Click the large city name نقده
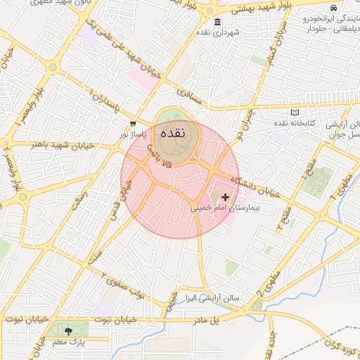coord(172,133)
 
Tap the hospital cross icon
coord(225,198)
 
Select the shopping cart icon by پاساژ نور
coord(133,123)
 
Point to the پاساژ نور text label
coord(133,133)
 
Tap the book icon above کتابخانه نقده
coord(294,112)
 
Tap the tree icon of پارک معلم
coord(68,330)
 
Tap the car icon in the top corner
coord(334,8)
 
